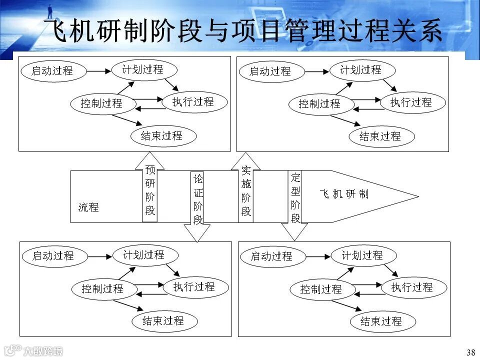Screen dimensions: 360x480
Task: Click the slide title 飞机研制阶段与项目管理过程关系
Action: (x=243, y=30)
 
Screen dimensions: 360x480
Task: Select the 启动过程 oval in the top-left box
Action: (x=52, y=71)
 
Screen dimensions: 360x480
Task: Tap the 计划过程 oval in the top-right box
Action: (x=361, y=70)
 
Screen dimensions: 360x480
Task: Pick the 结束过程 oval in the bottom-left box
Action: (x=163, y=321)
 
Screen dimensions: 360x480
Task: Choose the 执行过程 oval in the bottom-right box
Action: (x=412, y=287)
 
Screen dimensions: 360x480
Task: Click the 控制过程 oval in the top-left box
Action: (x=102, y=104)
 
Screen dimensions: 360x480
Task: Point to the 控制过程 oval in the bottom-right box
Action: (x=321, y=289)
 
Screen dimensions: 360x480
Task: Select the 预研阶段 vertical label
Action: (x=150, y=190)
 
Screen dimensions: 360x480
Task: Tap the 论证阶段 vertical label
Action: (x=198, y=199)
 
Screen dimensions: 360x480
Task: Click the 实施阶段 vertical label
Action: (x=246, y=190)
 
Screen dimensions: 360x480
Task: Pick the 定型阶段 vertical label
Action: (x=295, y=198)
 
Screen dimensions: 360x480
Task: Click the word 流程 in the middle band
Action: (x=88, y=207)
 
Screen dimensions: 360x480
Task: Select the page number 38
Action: (x=470, y=352)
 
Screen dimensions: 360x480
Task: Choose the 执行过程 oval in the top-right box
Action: (x=411, y=103)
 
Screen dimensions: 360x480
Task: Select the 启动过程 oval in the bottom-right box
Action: (x=271, y=257)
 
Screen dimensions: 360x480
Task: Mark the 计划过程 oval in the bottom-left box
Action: (x=144, y=255)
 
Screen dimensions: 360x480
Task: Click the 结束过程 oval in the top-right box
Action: (x=380, y=136)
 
